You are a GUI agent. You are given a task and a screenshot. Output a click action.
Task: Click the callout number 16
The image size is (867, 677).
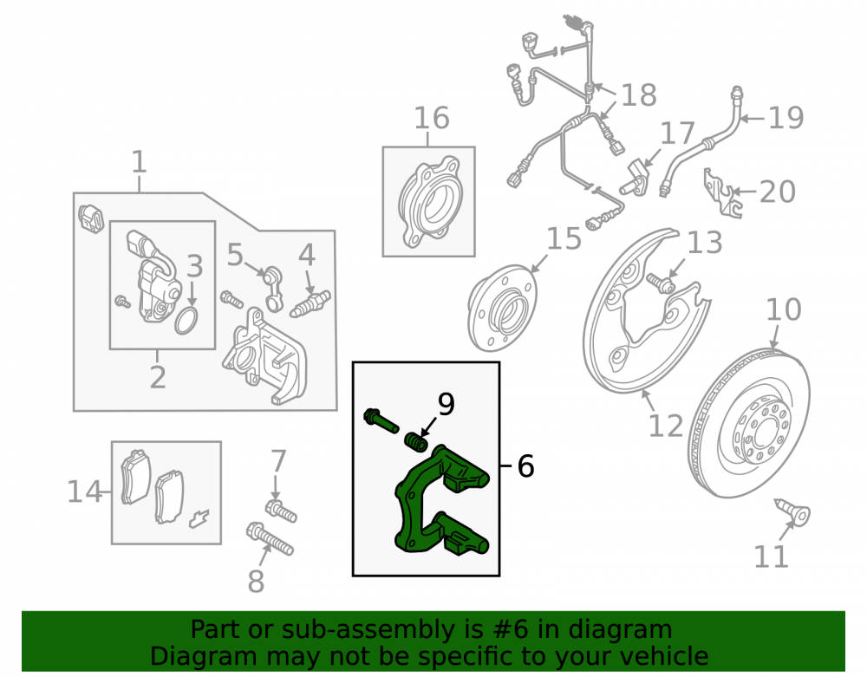[432, 118]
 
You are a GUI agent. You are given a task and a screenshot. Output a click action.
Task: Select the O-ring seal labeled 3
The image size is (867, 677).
[186, 322]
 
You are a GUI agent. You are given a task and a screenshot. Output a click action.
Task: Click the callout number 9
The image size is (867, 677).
[446, 404]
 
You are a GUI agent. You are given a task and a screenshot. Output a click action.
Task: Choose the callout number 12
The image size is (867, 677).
[666, 426]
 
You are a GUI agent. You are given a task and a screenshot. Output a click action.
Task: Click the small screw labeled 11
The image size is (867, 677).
[792, 513]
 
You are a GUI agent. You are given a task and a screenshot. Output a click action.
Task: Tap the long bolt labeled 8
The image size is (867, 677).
[270, 539]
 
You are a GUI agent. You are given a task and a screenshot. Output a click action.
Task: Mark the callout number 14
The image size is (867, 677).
[85, 491]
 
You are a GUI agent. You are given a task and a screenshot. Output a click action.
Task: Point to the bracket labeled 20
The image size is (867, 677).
[722, 193]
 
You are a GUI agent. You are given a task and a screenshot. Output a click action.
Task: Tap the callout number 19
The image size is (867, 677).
[786, 118]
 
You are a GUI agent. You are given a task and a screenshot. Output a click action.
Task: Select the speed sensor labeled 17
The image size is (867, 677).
[634, 177]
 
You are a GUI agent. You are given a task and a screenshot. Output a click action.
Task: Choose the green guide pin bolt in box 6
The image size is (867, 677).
[381, 421]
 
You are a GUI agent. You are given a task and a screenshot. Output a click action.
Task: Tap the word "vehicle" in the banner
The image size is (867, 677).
[665, 656]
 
